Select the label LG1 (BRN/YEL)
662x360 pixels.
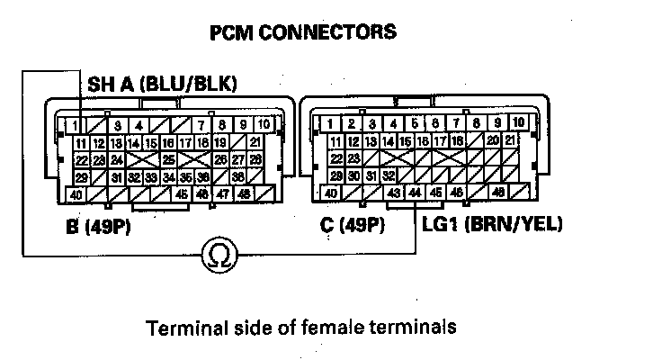(x=492, y=222)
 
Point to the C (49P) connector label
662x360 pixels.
(x=353, y=223)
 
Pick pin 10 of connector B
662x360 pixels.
(x=263, y=124)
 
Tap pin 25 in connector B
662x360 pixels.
(x=168, y=159)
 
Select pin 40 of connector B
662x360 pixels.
(x=77, y=193)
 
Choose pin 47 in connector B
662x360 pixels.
(x=219, y=193)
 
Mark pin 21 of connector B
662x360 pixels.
(x=255, y=142)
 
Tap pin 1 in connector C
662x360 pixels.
(x=332, y=124)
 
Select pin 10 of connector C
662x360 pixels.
(x=517, y=124)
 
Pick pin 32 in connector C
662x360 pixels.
(x=389, y=175)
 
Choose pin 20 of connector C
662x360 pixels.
(x=492, y=141)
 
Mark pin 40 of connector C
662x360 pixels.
(x=331, y=193)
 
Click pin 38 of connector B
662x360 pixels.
(x=237, y=176)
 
